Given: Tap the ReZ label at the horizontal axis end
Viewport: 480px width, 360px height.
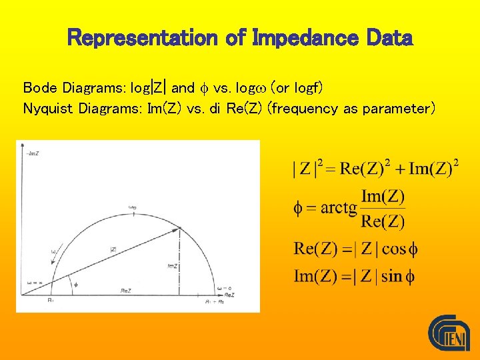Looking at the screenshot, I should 229,294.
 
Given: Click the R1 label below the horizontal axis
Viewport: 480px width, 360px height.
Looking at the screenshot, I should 51,301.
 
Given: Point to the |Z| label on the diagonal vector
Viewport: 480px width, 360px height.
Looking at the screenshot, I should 113,249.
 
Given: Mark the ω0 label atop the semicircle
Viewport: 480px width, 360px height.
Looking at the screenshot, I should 132,208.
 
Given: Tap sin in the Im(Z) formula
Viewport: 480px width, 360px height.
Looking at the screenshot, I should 392,276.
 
